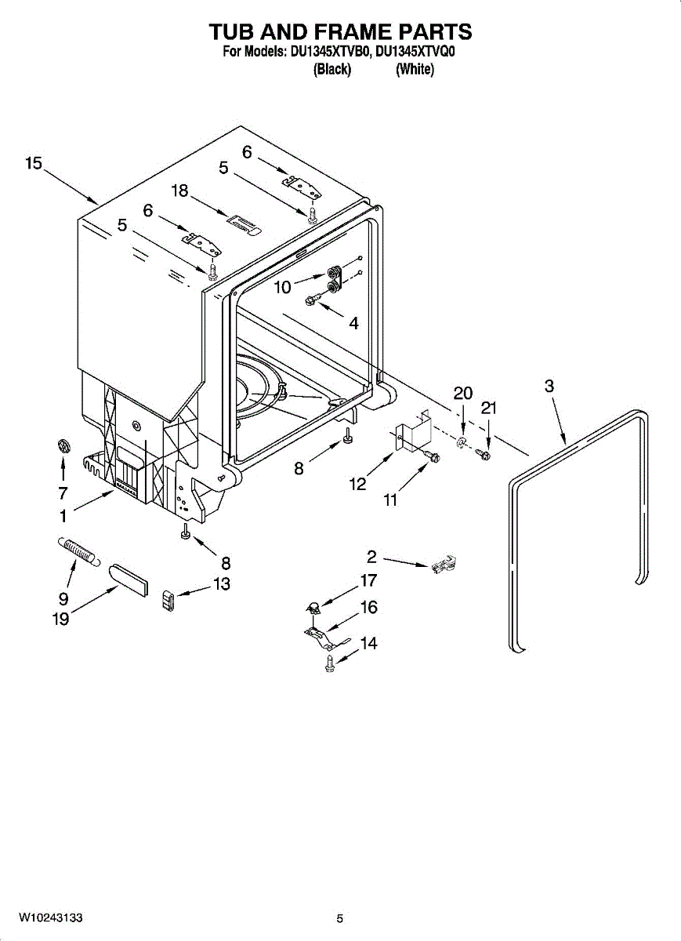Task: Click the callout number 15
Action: click(x=33, y=163)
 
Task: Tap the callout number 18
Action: click(x=180, y=191)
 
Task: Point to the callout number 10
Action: click(x=282, y=288)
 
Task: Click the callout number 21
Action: click(x=489, y=408)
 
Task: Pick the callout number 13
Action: click(x=222, y=584)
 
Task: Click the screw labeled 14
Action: click(x=328, y=663)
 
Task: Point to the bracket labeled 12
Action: click(x=413, y=434)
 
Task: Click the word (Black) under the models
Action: click(x=331, y=70)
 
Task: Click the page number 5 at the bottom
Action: click(x=339, y=918)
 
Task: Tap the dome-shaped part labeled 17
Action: click(x=311, y=606)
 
